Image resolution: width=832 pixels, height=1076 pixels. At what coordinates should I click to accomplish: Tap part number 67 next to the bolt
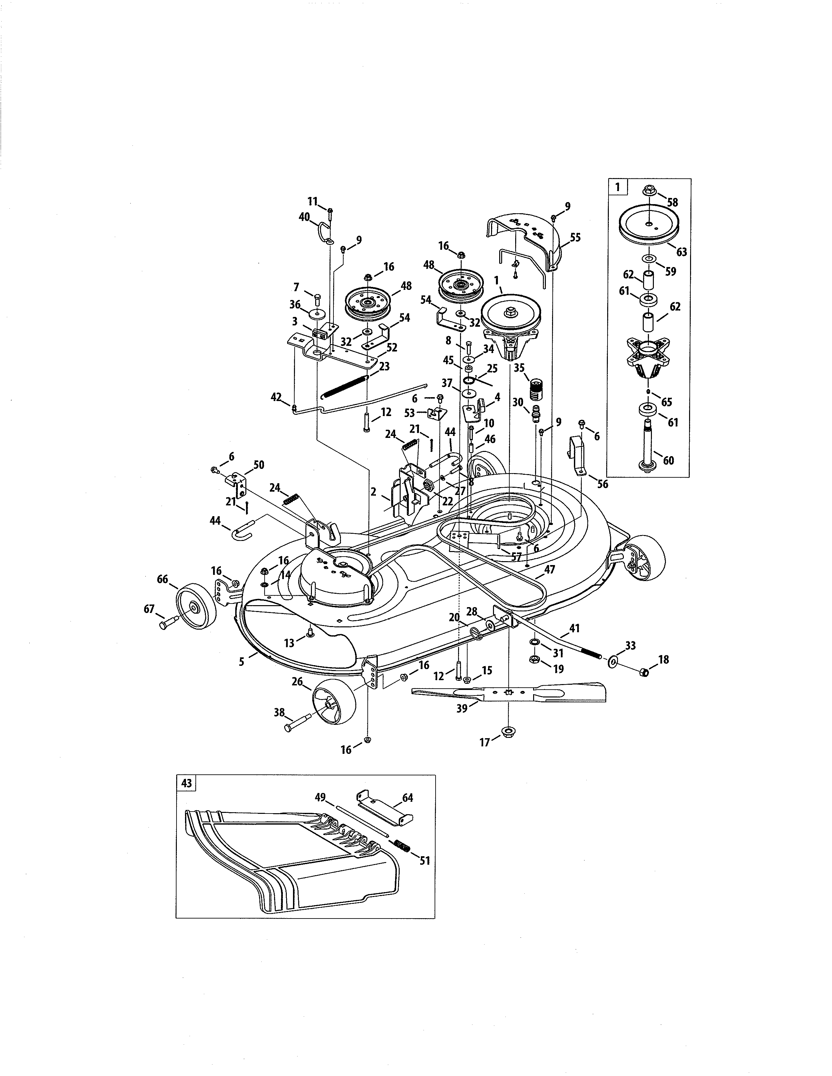click(149, 609)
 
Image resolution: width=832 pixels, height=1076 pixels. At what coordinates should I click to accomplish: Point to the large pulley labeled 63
click(649, 225)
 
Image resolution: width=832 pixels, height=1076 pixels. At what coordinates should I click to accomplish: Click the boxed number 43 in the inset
click(186, 783)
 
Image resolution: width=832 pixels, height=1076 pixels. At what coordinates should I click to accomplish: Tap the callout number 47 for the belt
click(549, 570)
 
